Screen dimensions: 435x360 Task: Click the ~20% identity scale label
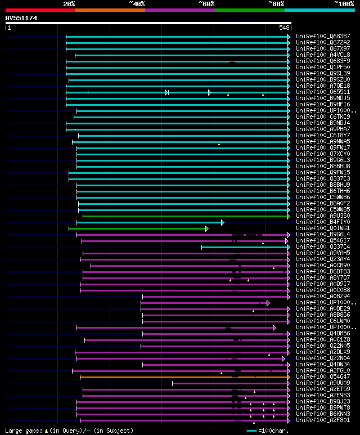pos(69,3)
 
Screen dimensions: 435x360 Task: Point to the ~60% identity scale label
pos(206,3)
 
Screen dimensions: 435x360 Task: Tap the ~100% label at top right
pos(344,3)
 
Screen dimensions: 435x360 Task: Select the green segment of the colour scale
pos(249,10)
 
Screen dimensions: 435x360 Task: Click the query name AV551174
pos(21,18)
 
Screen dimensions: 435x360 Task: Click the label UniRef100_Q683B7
pos(314,36)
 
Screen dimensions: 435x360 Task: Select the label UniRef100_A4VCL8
pos(314,55)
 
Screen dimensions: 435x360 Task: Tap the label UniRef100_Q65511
pos(314,92)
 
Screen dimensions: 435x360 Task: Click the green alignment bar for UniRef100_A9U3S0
pos(186,216)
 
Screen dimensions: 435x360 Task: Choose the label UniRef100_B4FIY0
pos(314,222)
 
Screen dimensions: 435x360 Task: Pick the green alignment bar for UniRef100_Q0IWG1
pos(138,228)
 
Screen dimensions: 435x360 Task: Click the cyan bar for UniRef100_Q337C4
pos(245,246)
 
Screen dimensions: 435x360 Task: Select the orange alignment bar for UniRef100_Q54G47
pos(183,377)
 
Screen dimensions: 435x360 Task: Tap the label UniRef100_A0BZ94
pos(314,296)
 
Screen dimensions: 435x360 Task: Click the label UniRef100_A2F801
pos(314,420)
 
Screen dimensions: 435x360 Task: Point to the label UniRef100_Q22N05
pos(314,346)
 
